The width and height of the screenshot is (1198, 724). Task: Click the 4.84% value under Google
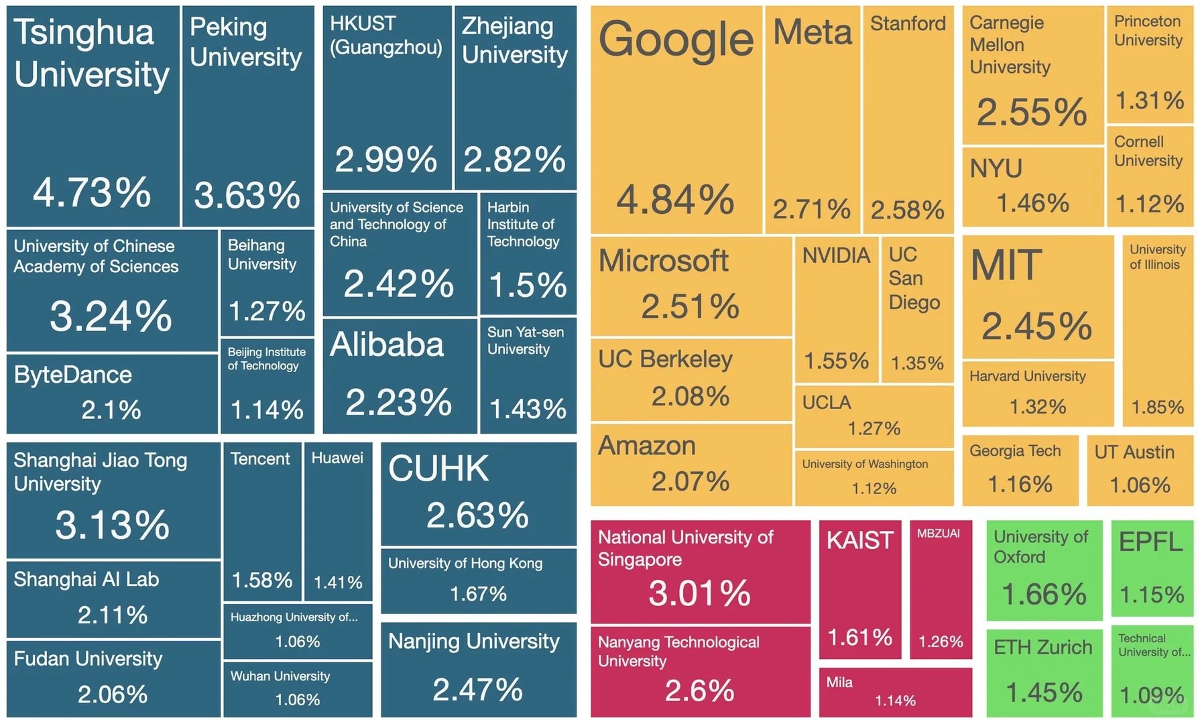[x=675, y=200]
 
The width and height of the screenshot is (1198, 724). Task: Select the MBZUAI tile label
[x=938, y=534]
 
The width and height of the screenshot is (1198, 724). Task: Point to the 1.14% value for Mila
[x=895, y=701]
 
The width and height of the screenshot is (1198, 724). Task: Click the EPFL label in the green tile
[x=1150, y=542]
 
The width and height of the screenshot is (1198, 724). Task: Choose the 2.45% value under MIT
[x=1036, y=326]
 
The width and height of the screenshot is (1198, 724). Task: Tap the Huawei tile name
[x=337, y=458]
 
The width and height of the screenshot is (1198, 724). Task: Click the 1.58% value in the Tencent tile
[x=261, y=580]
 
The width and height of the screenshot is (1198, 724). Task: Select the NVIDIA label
[x=835, y=255]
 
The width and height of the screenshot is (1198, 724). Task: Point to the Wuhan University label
[x=280, y=676]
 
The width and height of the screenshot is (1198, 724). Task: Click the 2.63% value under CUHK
[x=477, y=516]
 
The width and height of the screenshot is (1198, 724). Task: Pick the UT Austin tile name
[x=1134, y=452]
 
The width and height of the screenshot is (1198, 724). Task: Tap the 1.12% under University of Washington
[x=874, y=489]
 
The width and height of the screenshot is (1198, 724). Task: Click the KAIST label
[x=859, y=540]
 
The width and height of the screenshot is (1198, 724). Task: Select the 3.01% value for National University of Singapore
[x=699, y=593]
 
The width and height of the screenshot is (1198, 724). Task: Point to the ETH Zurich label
[x=1042, y=648]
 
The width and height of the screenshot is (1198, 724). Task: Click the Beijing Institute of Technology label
[x=266, y=359]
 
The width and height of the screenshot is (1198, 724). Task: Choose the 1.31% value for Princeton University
[x=1149, y=101]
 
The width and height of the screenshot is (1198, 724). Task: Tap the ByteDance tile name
[x=72, y=375]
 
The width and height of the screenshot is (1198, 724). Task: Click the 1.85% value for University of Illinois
[x=1157, y=407]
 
